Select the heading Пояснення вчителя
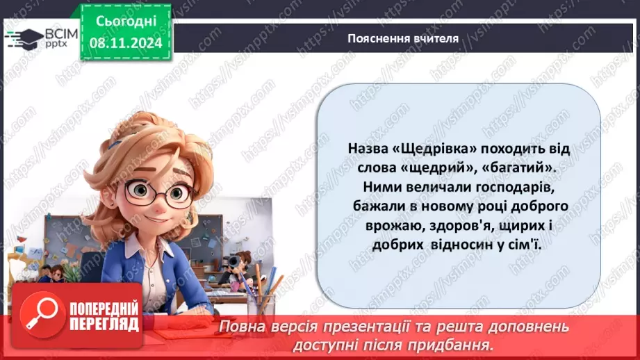(x=403, y=39)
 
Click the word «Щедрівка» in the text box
(x=423, y=149)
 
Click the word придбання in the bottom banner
(x=459, y=344)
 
